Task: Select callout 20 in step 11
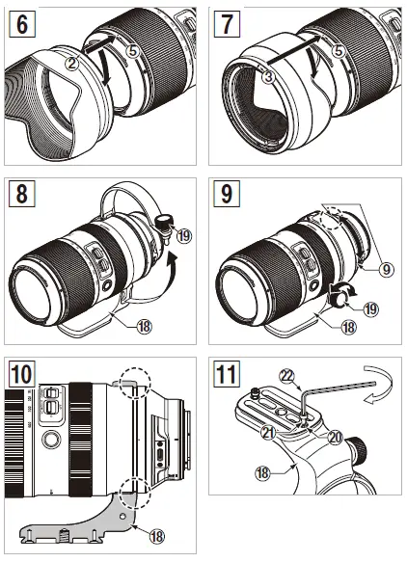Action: (335, 437)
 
